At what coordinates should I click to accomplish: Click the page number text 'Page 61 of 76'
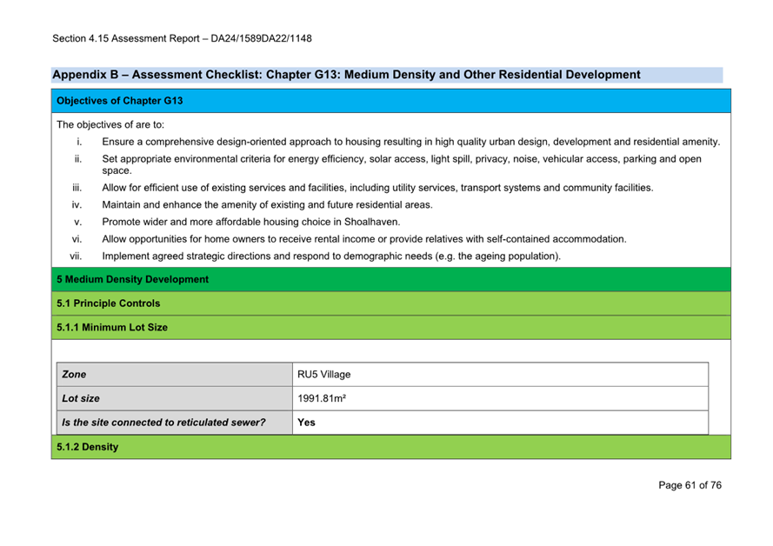coord(690,485)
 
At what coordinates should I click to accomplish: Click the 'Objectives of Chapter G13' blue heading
coord(120,101)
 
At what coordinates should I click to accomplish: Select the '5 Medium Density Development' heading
coord(132,279)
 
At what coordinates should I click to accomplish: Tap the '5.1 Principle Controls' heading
coord(108,303)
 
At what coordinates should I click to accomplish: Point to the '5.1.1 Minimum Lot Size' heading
coord(112,328)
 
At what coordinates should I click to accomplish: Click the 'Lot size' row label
coord(81,399)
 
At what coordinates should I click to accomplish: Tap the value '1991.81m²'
coord(323,399)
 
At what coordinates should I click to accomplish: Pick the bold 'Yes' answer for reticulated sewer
coord(306,423)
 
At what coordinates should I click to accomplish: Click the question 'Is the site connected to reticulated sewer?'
coord(163,423)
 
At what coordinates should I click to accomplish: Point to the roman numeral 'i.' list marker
coord(79,142)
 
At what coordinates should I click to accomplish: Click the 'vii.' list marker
coord(76,256)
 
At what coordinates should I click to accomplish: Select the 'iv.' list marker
coord(77,204)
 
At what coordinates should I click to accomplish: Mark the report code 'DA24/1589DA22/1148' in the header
coord(261,38)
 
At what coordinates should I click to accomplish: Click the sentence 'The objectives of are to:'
coord(110,124)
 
